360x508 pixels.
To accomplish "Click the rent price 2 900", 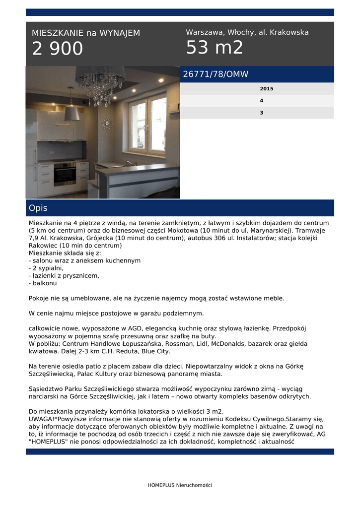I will (58, 49).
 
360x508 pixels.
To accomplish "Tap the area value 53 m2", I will (215, 48).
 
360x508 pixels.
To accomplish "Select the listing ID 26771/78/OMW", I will (216, 74).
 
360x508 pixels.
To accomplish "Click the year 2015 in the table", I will (266, 89).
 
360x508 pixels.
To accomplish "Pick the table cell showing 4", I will (262, 101).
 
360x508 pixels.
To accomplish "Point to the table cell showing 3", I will (262, 113).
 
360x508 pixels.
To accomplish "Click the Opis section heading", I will (38, 208).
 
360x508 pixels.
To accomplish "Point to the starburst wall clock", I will (106, 123).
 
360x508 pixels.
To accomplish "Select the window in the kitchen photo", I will (148, 126).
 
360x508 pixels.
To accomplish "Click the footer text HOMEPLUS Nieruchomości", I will (180, 485).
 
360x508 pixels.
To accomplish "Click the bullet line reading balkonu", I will (44, 283).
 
